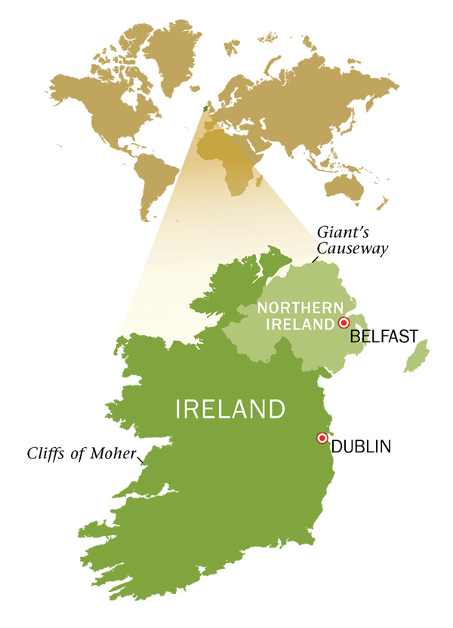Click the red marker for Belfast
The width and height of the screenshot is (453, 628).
coord(344,323)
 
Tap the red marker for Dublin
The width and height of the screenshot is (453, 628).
coord(322,438)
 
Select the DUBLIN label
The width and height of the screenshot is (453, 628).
coord(361,446)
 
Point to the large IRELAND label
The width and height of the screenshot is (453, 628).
coord(230,409)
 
